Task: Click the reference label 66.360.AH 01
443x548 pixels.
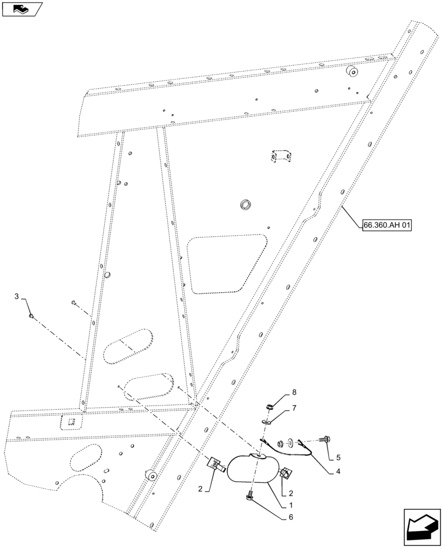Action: pyautogui.click(x=387, y=225)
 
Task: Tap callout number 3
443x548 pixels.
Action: pyautogui.click(x=16, y=296)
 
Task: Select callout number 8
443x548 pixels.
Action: pyautogui.click(x=294, y=392)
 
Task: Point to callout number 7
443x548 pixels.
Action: pyautogui.click(x=293, y=409)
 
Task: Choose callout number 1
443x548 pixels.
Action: pyautogui.click(x=290, y=505)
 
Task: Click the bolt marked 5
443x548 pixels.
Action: pyautogui.click(x=325, y=438)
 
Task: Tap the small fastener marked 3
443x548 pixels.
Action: pyautogui.click(x=32, y=316)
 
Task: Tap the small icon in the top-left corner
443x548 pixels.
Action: pyautogui.click(x=21, y=8)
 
